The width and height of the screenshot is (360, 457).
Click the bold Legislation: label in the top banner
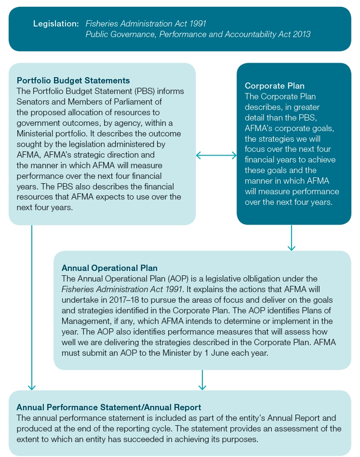coord(55,23)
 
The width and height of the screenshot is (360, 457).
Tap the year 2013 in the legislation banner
coord(301,34)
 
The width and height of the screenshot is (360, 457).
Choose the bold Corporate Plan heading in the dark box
coord(275,86)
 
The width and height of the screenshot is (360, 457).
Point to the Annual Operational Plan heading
coord(109,268)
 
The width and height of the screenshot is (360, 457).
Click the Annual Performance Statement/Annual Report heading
coord(109,407)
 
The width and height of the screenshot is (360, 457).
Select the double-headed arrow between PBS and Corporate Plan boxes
coord(216,155)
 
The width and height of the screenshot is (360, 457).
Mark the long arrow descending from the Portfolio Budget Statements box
coord(32,309)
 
